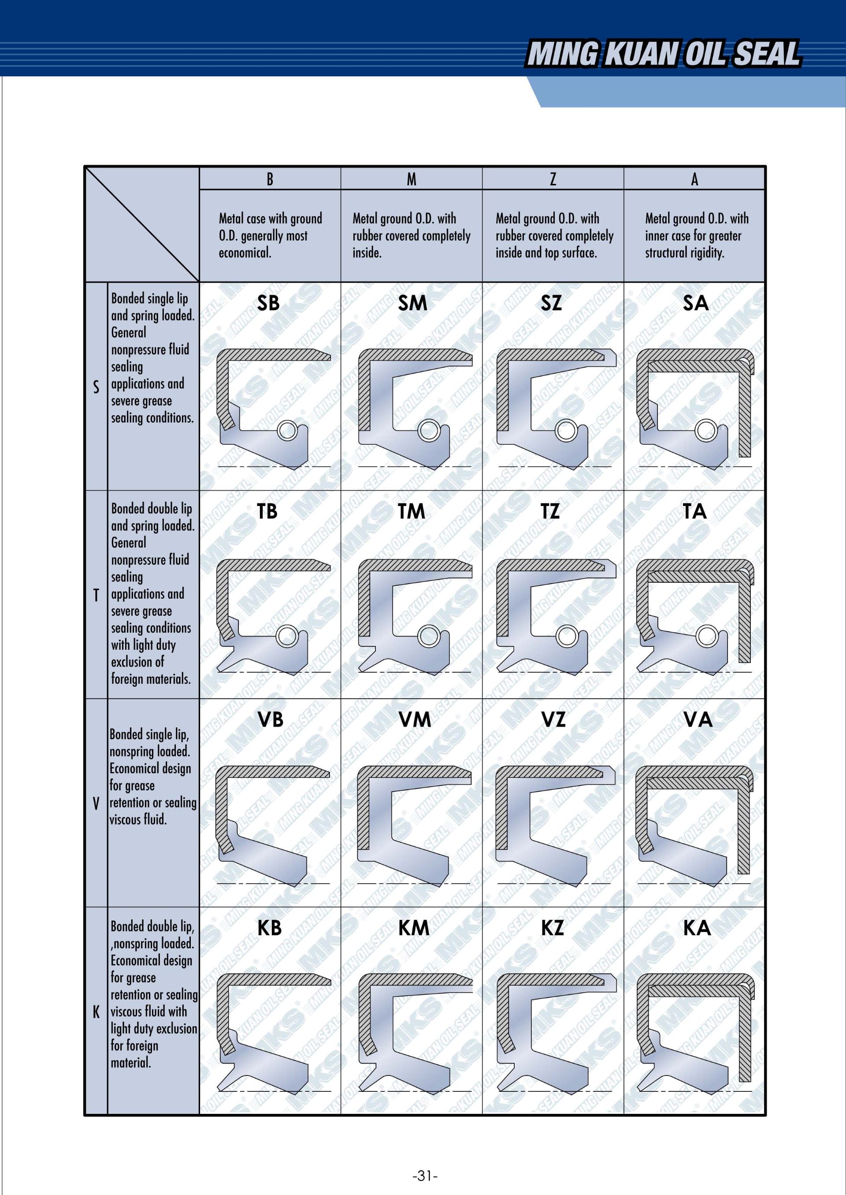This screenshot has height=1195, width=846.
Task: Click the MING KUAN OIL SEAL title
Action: [663, 54]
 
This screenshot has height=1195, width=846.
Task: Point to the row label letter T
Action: [96, 596]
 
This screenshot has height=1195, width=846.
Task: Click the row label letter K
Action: [96, 1012]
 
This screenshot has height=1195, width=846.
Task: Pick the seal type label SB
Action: [268, 303]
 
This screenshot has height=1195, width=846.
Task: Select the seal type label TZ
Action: [550, 511]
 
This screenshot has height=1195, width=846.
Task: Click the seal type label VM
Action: [415, 720]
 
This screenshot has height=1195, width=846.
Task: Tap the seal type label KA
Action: [697, 928]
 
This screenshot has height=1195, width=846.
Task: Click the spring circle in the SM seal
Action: [429, 431]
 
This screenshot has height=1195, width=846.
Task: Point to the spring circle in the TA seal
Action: [707, 636]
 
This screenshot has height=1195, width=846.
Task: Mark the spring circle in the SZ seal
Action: [566, 431]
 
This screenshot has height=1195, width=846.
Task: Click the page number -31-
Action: [425, 1176]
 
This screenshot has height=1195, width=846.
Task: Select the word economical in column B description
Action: [245, 253]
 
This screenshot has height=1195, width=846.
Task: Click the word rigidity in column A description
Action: [706, 253]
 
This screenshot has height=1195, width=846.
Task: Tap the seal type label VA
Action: [698, 720]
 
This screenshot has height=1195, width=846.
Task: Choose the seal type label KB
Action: [269, 928]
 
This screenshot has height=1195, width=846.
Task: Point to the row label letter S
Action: [96, 387]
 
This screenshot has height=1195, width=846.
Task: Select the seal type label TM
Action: [412, 511]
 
